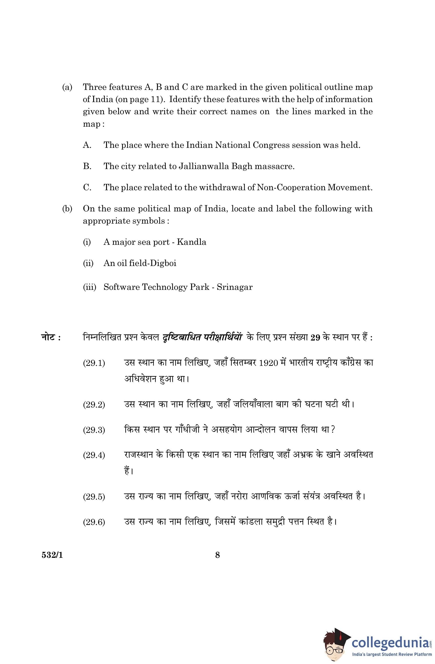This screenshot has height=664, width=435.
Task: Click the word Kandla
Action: [191, 242]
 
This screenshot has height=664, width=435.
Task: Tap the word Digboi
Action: [163, 263]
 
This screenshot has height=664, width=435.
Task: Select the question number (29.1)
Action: [94, 363]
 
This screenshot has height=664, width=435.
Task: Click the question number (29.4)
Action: [94, 455]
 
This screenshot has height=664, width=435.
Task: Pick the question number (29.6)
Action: [94, 522]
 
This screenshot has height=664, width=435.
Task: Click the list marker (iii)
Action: [89, 287]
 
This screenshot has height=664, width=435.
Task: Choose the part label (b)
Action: [67, 209]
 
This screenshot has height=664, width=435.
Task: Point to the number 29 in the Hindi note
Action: [315, 338]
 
